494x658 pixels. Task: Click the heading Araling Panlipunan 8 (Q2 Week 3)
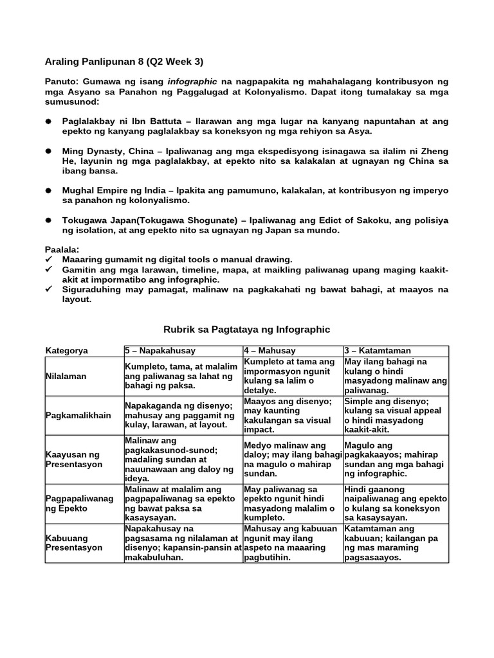point(124,62)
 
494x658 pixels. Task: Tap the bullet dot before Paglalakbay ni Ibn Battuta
point(48,121)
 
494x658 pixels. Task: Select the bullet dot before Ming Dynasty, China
point(48,151)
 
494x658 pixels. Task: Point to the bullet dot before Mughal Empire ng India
point(48,191)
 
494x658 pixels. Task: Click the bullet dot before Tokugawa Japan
point(48,220)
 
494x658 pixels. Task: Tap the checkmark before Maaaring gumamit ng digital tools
point(49,259)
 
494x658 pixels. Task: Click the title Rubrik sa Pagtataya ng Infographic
point(247,330)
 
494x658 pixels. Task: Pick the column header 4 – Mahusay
point(270,351)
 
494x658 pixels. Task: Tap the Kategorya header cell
point(67,351)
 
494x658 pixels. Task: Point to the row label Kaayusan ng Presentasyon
point(74,459)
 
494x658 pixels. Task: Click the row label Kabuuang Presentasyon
point(74,543)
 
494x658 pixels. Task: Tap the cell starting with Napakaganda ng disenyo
point(182,415)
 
